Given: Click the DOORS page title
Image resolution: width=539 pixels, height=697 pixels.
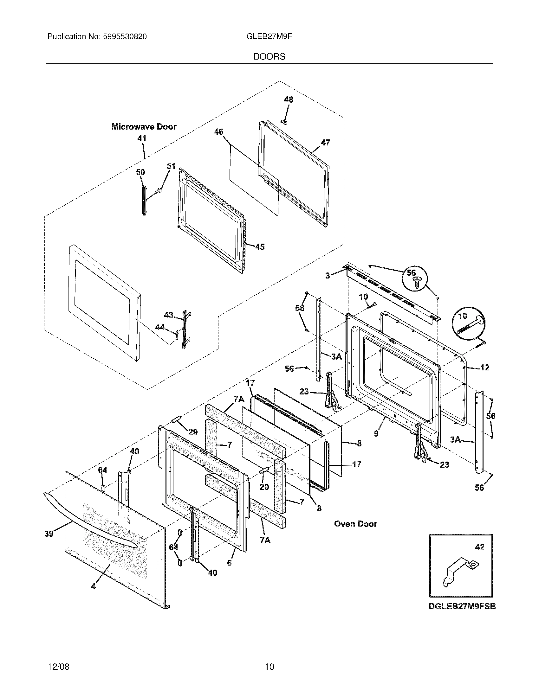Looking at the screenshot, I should (269, 57).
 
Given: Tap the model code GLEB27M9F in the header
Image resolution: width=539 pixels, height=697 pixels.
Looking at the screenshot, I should (269, 37).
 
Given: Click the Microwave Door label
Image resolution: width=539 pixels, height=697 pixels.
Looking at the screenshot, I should (144, 127).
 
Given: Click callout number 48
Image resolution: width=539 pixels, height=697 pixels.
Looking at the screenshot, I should (288, 99).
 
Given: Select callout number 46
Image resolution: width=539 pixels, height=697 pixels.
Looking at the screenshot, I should (218, 132).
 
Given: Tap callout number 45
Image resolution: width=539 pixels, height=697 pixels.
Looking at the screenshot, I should (260, 247).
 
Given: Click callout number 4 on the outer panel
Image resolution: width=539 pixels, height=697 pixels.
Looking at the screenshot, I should (93, 586).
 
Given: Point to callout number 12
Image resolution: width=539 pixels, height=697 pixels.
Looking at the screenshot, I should (484, 368).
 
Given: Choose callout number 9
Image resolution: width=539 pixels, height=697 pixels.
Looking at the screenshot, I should (376, 433).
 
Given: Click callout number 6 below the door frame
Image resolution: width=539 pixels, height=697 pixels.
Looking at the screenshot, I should (229, 563).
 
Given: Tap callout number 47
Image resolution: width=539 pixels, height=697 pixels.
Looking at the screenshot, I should (325, 143).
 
